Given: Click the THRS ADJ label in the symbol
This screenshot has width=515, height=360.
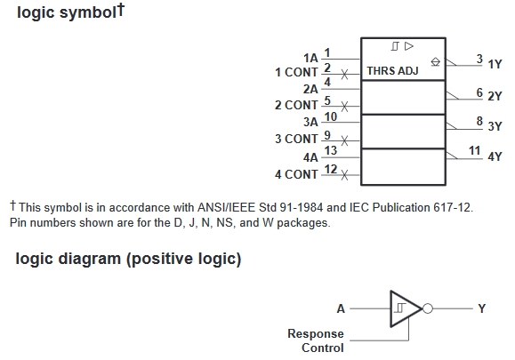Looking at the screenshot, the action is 392,70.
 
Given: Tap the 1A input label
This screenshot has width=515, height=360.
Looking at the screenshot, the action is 310,58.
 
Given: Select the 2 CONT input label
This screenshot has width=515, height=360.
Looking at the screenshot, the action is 296,106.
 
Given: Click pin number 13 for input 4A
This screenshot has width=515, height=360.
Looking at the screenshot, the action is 331,150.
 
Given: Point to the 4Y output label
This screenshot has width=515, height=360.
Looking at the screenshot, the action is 495,156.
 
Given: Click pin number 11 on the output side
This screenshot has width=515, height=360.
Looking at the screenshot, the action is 475,150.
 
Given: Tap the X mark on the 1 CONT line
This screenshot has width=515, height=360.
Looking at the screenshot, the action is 344,74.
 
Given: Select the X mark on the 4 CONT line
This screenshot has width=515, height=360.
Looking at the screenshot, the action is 344,175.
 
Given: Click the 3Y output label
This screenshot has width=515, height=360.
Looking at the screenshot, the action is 495,126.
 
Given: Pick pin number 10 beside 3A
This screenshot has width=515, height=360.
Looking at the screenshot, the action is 331,116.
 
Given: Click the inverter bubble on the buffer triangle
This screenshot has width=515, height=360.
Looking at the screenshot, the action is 428,308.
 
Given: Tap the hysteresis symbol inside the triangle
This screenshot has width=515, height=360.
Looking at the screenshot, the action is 399,308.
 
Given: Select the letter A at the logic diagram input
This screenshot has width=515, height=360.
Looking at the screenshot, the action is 341,308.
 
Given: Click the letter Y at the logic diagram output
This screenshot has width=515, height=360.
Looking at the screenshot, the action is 481,308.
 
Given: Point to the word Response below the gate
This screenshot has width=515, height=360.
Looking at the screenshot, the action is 316,334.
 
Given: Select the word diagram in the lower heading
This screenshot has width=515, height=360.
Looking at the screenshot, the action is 89,259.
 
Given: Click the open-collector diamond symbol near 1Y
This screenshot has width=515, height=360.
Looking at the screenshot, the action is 435,61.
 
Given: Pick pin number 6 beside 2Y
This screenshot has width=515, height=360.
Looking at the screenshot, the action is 479,92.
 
